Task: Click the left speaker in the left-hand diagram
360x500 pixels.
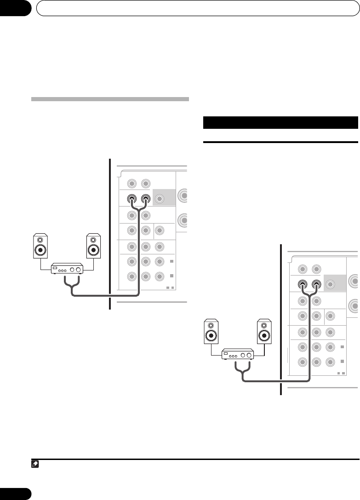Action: pyautogui.click(x=40, y=247)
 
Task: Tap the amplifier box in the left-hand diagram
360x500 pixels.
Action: pyautogui.click(x=67, y=269)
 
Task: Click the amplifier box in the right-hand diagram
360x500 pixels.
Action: pyautogui.click(x=238, y=355)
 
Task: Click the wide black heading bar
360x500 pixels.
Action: pyautogui.click(x=280, y=123)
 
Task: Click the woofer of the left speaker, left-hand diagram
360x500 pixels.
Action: pyautogui.click(x=40, y=251)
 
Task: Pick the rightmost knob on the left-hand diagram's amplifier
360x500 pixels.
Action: pyautogui.click(x=79, y=269)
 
